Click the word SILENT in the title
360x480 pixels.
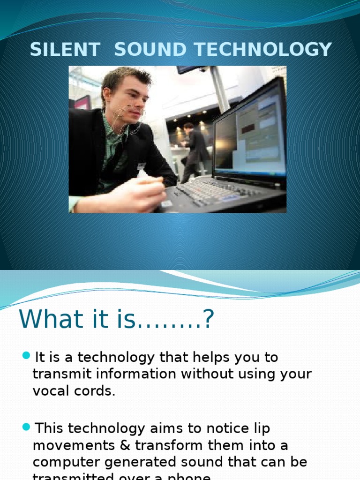click(x=65, y=50)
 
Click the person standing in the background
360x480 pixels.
click(x=194, y=150)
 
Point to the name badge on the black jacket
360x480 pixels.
click(x=141, y=166)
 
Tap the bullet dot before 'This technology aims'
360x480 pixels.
click(x=26, y=427)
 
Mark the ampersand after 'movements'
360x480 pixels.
click(x=109, y=445)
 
